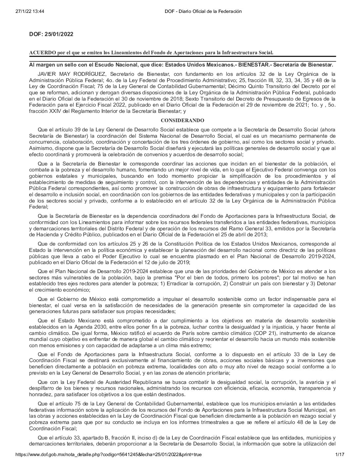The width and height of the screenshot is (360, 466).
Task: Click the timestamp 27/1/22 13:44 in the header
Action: pos(29,11)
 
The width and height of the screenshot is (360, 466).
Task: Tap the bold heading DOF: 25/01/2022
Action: pos(51,34)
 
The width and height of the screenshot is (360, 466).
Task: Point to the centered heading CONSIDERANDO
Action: pos(182,120)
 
